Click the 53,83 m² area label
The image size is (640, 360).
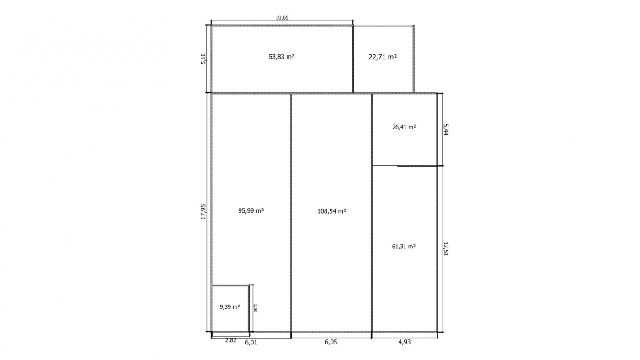tap(282, 57)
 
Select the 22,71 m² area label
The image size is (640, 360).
tap(383, 57)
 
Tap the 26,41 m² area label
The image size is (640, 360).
tap(404, 127)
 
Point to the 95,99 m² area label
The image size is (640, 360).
tap(251, 211)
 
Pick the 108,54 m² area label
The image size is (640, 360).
tap(332, 211)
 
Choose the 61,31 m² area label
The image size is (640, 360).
tap(404, 246)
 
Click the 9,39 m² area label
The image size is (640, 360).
tap(229, 307)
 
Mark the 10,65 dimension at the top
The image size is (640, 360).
tap(282, 18)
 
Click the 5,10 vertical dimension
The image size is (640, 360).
tap(203, 59)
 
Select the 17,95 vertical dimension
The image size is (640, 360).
tap(203, 212)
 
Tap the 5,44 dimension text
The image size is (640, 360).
tap(445, 129)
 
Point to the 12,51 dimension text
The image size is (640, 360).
tap(445, 249)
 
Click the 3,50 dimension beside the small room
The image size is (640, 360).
tap(256, 308)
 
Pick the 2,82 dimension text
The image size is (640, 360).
tap(231, 340)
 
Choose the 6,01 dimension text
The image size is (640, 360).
tap(251, 342)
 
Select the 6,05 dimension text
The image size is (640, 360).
tap(331, 342)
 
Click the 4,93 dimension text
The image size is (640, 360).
tap(404, 342)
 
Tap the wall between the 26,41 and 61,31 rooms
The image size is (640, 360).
tap(404, 165)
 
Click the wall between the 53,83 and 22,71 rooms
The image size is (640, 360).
tap(353, 59)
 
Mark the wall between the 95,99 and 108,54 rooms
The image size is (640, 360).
tap(291, 213)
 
